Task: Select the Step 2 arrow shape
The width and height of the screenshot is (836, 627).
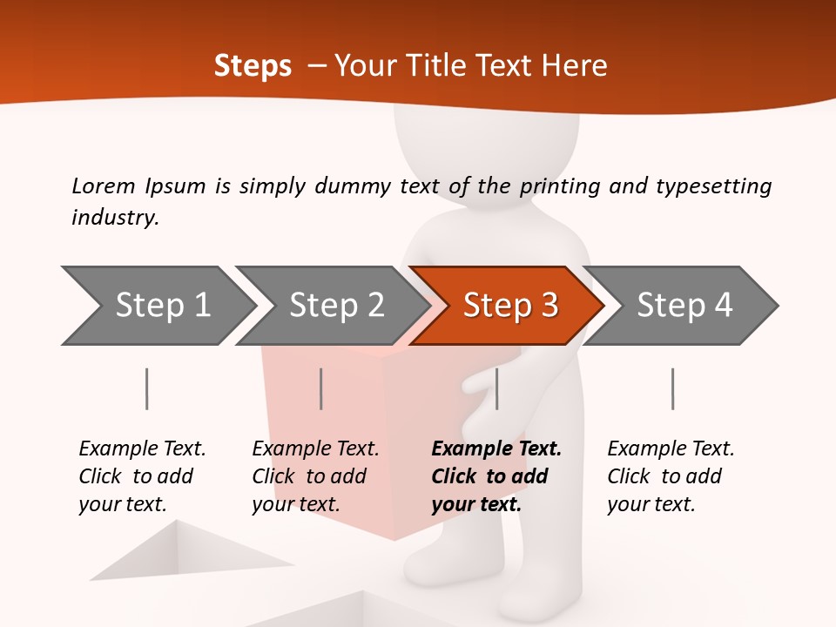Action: point(335,306)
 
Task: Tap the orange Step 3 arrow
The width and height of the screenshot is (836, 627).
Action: point(509,306)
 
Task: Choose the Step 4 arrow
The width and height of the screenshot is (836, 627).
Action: point(684,306)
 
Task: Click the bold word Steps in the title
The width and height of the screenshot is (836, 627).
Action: point(253,66)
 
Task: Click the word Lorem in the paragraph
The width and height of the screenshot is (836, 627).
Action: point(103,185)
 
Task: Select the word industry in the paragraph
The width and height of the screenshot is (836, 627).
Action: point(114,217)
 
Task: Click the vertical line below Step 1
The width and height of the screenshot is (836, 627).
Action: point(147,388)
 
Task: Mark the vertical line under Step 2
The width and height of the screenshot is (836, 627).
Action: point(321,388)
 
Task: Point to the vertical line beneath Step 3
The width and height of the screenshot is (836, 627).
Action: point(496,388)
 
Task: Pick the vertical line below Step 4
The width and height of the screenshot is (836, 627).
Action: point(672,388)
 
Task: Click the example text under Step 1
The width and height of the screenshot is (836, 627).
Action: point(141,476)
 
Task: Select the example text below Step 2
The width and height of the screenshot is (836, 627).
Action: point(314,476)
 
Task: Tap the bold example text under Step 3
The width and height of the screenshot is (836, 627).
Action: point(496,476)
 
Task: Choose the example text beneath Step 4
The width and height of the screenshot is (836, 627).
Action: point(670,476)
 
